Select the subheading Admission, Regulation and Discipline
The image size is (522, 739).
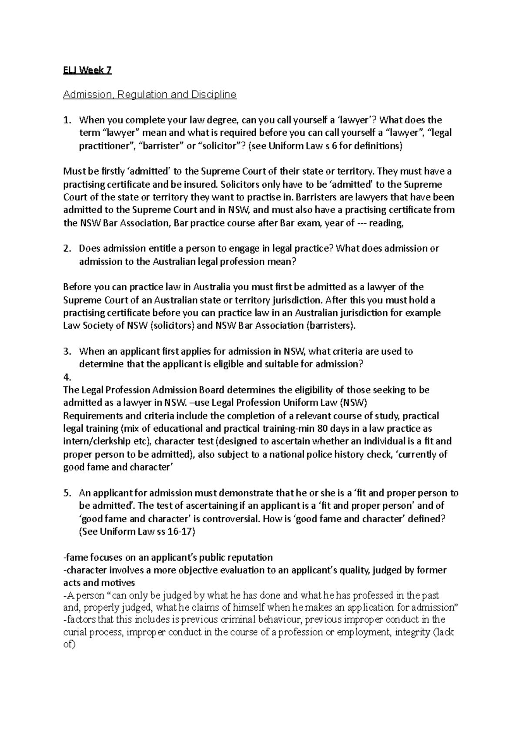coord(150,94)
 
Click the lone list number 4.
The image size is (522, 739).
coord(67,377)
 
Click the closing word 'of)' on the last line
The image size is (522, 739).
coord(70,645)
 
